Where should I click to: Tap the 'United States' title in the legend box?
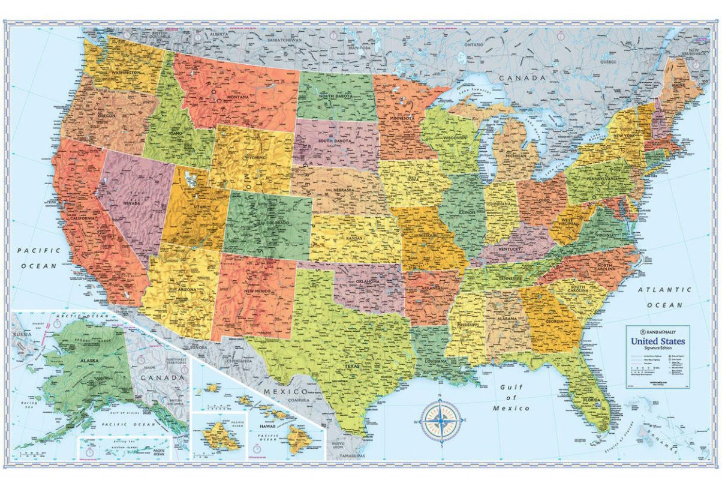tap(657, 341)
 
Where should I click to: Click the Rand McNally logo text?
tap(661, 331)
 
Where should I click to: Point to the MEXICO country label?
tap(279, 391)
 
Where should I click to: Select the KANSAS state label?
tap(354, 238)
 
